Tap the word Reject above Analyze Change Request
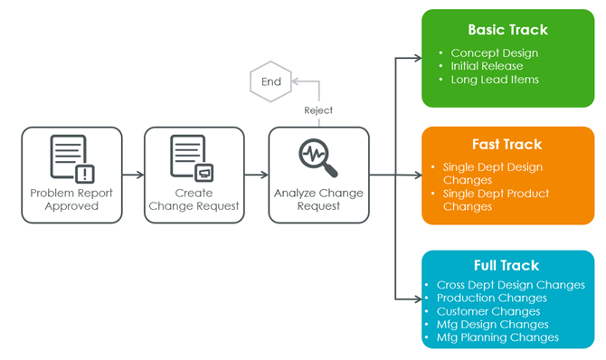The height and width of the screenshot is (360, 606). click(318, 110)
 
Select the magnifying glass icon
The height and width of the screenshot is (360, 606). click(318, 157)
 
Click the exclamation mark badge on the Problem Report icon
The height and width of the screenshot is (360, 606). click(85, 174)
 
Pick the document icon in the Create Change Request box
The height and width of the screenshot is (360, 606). click(192, 158)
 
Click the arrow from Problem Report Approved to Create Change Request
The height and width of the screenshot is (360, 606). click(133, 175)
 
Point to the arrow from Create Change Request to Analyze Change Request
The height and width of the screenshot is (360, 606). click(257, 175)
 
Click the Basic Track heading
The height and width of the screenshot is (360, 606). click(507, 30)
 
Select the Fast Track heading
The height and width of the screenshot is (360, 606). click(507, 144)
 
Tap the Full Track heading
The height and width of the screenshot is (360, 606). click(507, 265)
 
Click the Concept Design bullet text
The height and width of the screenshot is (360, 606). click(495, 53)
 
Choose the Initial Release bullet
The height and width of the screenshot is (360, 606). click(487, 66)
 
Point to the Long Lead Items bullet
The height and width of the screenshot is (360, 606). click(495, 80)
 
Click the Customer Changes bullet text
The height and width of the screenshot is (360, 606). click(488, 311)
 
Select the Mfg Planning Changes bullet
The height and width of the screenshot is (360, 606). click(497, 337)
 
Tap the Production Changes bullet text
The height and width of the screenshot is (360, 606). click(492, 298)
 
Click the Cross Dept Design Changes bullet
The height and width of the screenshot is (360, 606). click(510, 285)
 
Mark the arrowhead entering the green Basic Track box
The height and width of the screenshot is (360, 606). click(418, 58)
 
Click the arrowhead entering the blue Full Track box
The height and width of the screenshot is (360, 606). click(418, 298)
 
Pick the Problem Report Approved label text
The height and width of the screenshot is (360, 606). click(71, 200)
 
